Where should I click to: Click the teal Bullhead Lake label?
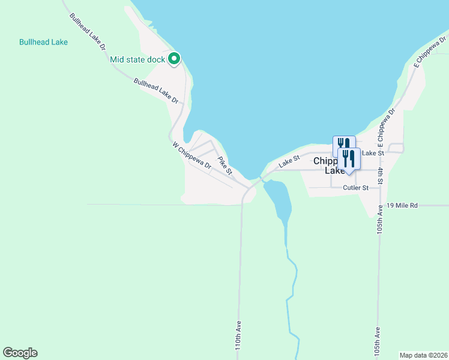(x=43, y=43)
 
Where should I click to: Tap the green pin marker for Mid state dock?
(x=174, y=59)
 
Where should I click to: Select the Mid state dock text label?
(x=137, y=59)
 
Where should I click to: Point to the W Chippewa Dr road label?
(x=192, y=155)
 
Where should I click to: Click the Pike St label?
(x=225, y=166)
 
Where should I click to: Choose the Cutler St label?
(x=355, y=188)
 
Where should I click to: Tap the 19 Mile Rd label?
(x=402, y=205)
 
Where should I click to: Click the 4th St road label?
(x=381, y=175)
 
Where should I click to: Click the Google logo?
(x=20, y=353)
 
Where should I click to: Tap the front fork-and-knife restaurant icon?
(x=349, y=159)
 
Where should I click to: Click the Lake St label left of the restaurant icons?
(x=289, y=161)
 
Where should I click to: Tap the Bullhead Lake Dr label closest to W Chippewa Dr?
(x=156, y=90)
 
